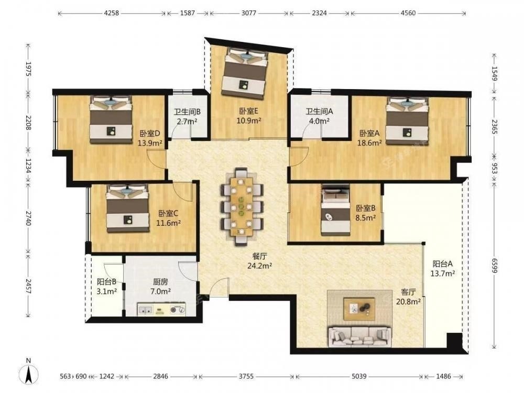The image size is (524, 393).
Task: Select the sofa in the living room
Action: pyautogui.click(x=359, y=336)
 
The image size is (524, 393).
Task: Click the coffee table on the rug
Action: pyautogui.click(x=359, y=309)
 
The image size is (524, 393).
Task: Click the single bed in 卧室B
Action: pyautogui.click(x=335, y=210)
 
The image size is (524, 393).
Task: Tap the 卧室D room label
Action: pyautogui.click(x=149, y=134)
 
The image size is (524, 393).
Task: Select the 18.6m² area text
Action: pyautogui.click(x=369, y=143)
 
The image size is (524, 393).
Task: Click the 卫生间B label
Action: pyautogui.click(x=187, y=112)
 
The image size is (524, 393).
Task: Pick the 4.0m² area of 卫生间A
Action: pyautogui.click(x=319, y=121)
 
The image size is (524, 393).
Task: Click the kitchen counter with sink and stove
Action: pyautogui.click(x=162, y=310)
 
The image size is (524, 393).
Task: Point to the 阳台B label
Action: pyautogui.click(x=106, y=282)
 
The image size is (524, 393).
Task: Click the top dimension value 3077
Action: pyautogui.click(x=248, y=13)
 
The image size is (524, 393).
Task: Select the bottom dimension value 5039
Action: pyautogui.click(x=359, y=376)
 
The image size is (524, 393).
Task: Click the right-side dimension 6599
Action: pyautogui.click(x=495, y=264)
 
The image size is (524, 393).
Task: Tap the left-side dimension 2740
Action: pyautogui.click(x=29, y=217)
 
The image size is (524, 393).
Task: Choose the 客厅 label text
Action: pyautogui.click(x=408, y=292)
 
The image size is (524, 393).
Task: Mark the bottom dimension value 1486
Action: pyautogui.click(x=443, y=376)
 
